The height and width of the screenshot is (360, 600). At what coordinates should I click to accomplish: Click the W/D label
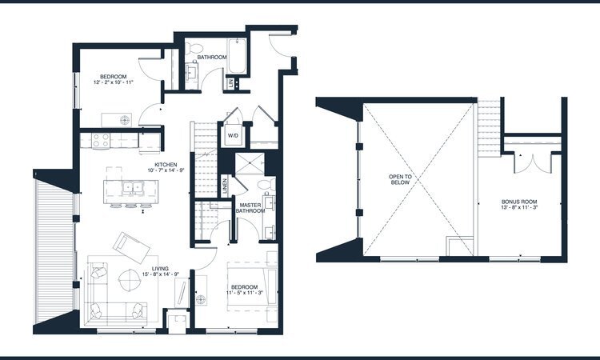[234, 135]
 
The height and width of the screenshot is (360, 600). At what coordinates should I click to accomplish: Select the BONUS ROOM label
[518, 202]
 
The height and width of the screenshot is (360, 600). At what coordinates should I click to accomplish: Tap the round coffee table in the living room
[129, 280]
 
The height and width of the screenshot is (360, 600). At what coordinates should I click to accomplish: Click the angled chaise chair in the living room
[127, 242]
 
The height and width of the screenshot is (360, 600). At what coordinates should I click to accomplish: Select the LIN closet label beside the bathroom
[230, 82]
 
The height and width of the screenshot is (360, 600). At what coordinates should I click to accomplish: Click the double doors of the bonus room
[526, 162]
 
